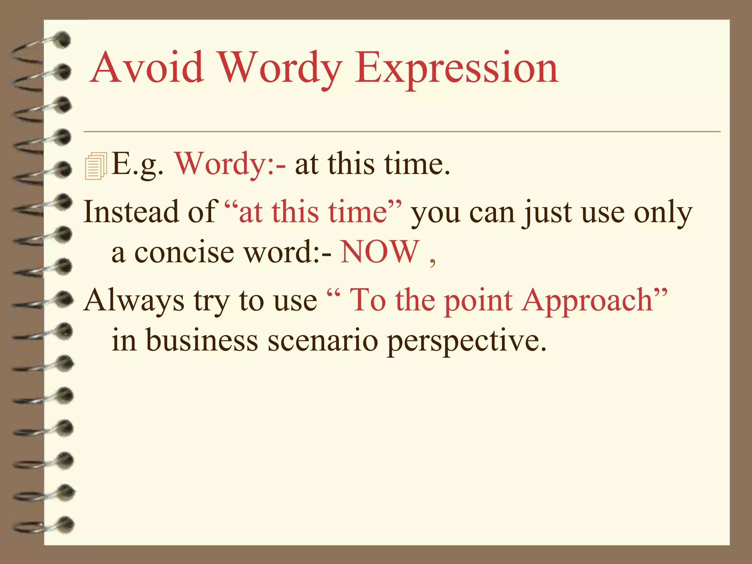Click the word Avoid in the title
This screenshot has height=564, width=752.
pos(147,68)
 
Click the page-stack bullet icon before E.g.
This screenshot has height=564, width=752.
pos(95,166)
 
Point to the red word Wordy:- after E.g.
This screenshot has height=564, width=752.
pos(230,164)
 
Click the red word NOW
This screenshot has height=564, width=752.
pos(380,252)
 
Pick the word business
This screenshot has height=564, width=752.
pos(202,340)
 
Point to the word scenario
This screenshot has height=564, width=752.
pos(323,341)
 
